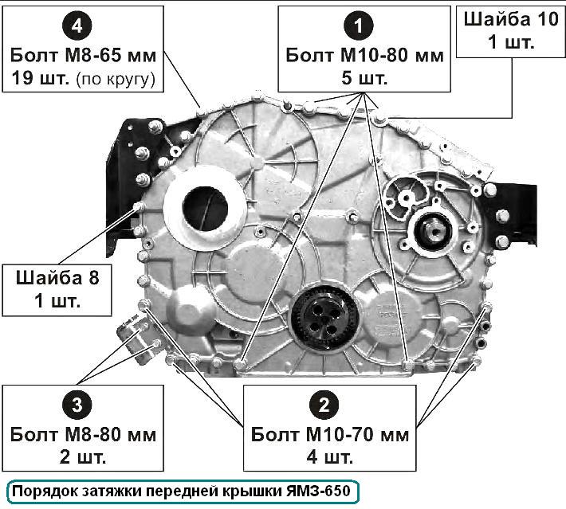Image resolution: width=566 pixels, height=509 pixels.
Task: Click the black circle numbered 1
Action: [x=358, y=25]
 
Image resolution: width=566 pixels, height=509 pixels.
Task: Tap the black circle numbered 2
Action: [x=324, y=405]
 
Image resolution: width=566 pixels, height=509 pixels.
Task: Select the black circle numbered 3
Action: [x=77, y=405]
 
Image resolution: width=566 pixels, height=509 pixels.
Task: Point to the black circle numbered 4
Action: [x=77, y=25]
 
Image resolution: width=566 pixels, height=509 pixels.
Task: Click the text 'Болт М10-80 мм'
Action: [x=364, y=56]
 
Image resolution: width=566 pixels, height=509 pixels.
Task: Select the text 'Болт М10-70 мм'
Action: [x=330, y=435]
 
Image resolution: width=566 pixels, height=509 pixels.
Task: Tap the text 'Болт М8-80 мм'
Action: [x=83, y=435]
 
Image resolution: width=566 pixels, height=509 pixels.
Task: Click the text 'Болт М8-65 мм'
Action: [x=83, y=56]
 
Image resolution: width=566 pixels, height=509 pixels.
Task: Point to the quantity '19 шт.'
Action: [x=41, y=78]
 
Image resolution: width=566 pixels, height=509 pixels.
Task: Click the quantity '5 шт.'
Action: [x=364, y=78]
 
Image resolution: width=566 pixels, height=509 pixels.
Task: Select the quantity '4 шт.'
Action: [x=330, y=457]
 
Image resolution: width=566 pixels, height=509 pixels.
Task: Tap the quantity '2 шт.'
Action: [x=83, y=457]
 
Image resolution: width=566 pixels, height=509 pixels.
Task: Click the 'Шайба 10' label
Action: [x=511, y=19]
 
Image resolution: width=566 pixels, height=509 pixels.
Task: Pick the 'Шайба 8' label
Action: [x=57, y=278]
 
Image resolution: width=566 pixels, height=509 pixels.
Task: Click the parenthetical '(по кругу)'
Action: [x=116, y=79]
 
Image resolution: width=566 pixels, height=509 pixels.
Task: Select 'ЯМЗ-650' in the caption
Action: [x=318, y=491]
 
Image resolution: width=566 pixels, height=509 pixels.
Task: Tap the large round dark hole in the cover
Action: [x=205, y=209]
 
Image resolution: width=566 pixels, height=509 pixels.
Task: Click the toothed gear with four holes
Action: [x=324, y=319]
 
